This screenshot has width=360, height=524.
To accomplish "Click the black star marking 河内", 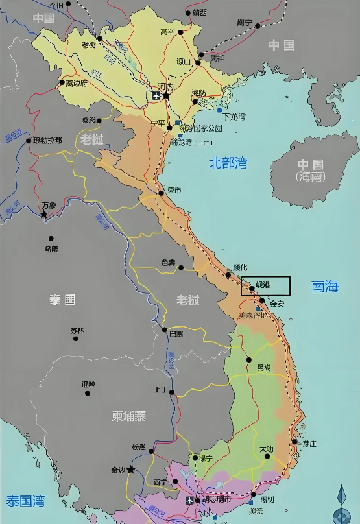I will click(166, 96).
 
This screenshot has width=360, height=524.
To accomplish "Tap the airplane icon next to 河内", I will click(156, 97).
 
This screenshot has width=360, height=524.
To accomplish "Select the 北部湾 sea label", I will click(228, 163).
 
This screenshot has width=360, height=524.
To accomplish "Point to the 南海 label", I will click(325, 285).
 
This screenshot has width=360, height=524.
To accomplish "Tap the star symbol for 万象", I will click(44, 213).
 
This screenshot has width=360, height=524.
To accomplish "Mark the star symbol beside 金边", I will click(131, 469).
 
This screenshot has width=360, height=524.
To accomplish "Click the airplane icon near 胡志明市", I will click(189, 501).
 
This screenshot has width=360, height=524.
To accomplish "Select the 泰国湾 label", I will click(25, 501).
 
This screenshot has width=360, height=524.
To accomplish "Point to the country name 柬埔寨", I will click(128, 416).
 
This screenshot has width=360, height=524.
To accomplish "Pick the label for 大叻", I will click(267, 449).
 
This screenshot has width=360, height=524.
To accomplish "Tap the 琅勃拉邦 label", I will click(48, 140).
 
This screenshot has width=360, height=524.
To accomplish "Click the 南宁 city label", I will click(245, 22).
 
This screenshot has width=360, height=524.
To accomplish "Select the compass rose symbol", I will click(342, 506).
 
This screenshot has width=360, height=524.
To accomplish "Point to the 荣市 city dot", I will click(161, 193).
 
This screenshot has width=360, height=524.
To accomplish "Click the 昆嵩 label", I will click(263, 368).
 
